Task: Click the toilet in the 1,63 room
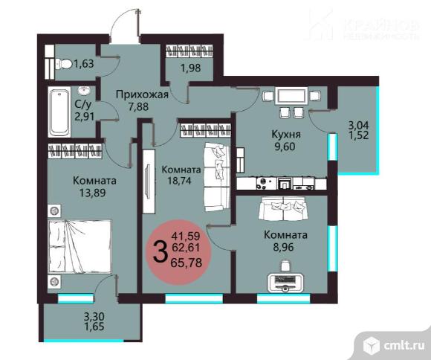point(64,65)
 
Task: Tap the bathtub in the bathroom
point(59,112)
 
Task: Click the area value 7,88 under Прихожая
point(138,106)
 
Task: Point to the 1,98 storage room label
point(190,68)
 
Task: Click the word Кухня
point(286,135)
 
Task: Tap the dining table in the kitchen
point(291,96)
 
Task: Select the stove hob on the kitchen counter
point(262,184)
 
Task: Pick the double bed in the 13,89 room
point(80,247)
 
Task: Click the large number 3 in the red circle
point(161,251)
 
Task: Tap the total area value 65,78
point(186,263)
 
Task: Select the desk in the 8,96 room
point(285,283)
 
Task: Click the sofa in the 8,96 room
point(282,208)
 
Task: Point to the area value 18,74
point(179,181)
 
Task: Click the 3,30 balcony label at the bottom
point(94,317)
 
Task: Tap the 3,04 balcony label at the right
point(358,126)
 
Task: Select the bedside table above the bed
point(54,211)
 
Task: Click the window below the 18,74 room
point(194,298)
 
